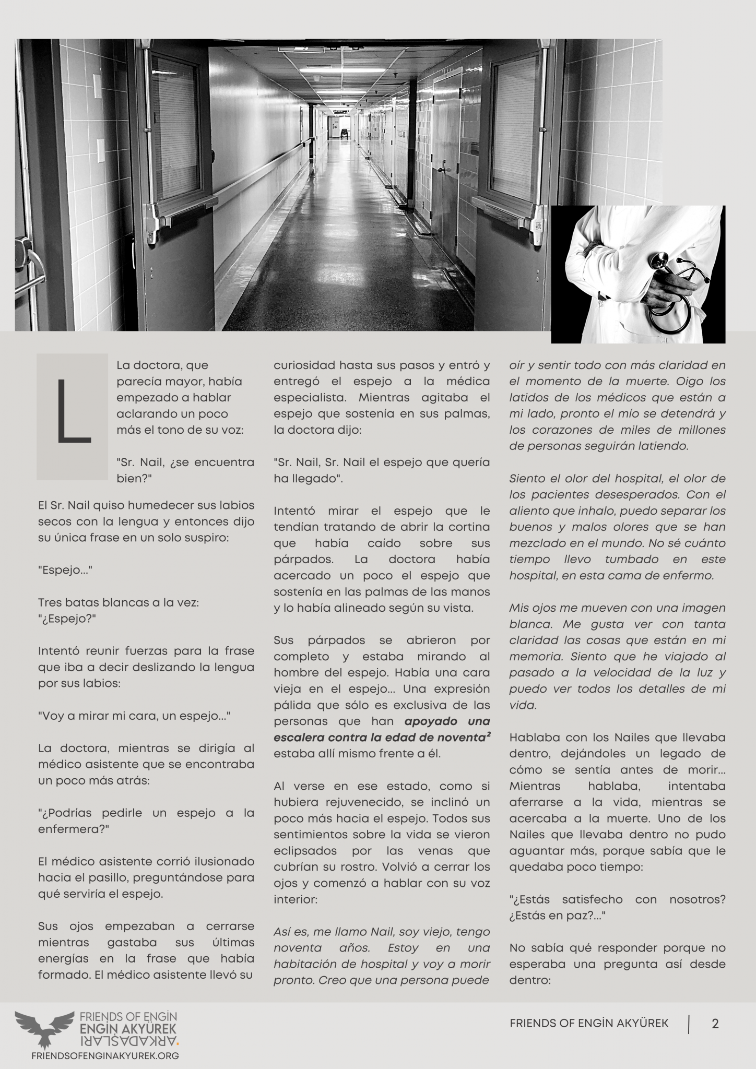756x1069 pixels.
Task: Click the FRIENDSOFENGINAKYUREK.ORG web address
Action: coord(105,1055)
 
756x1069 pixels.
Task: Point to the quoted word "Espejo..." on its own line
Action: coord(65,570)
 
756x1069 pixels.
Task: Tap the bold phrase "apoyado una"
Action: coord(447,721)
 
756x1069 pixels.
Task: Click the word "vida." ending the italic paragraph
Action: coord(523,705)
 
